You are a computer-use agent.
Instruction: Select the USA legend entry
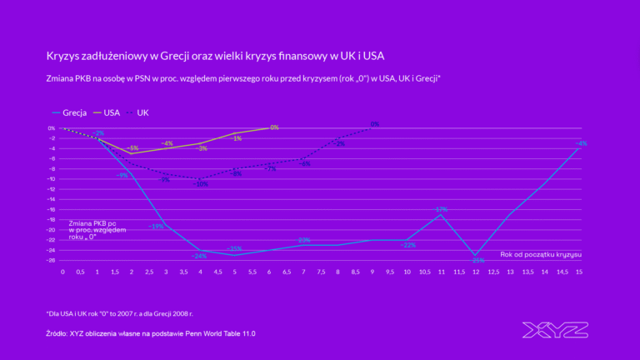[112, 112]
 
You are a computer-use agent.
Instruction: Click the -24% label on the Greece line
[199, 256]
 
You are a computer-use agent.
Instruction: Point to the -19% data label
[156, 226]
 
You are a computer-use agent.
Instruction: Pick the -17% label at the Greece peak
[441, 209]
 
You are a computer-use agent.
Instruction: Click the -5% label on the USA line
[133, 147]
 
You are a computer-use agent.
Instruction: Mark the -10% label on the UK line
[201, 184]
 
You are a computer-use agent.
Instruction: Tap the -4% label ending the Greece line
[581, 143]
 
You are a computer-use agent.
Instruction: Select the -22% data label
[408, 245]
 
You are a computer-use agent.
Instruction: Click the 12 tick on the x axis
[477, 271]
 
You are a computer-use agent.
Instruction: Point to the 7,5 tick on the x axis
[322, 271]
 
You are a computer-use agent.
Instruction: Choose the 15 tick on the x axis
[579, 271]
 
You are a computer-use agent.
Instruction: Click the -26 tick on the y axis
[52, 260]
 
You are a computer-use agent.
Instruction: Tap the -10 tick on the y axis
[52, 178]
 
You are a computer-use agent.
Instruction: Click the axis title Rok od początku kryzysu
[541, 253]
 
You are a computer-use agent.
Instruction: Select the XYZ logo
[555, 329]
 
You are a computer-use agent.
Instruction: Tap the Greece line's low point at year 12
[477, 255]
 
